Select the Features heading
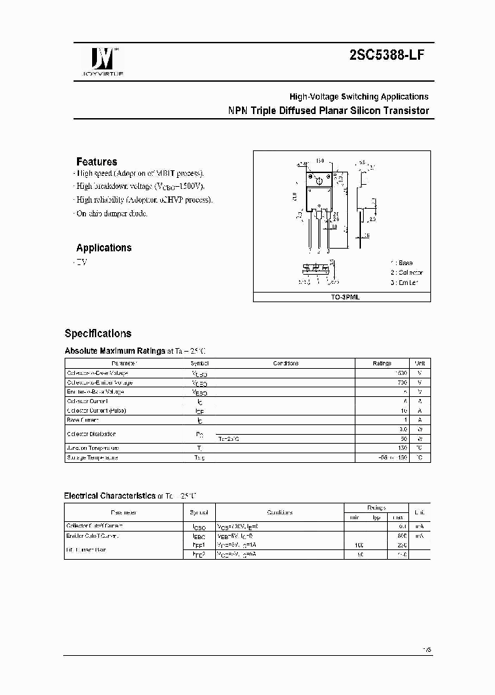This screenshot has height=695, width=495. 96,162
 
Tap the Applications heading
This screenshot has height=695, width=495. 104,248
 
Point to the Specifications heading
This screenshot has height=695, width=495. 98,334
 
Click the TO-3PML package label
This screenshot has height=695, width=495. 342,298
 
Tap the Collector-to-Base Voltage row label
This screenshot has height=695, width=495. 100,373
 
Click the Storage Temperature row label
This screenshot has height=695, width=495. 93,457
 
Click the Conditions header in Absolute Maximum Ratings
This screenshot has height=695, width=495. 285,363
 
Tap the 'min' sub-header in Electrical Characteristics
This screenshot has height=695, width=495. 354,517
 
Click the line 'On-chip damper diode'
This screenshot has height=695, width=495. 111,214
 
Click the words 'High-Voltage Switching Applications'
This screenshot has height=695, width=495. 358,97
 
